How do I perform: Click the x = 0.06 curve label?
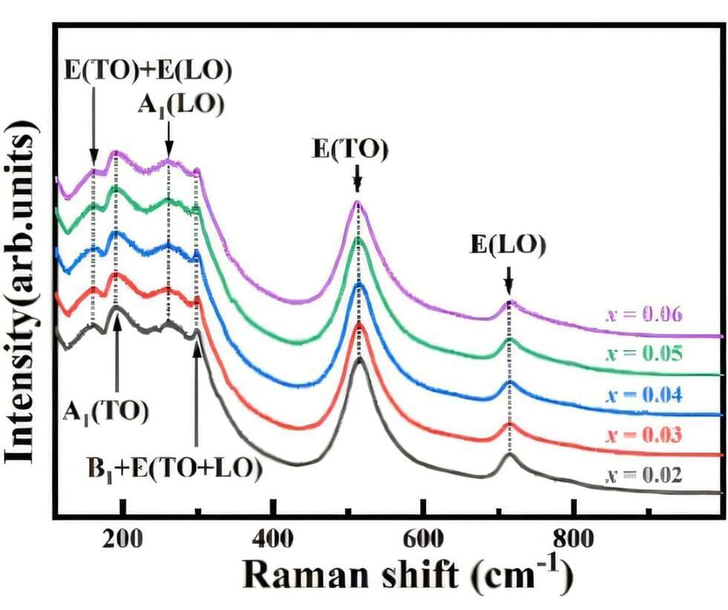tap(643, 315)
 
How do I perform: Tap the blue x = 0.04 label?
tap(643, 394)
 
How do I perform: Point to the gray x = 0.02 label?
tap(643, 474)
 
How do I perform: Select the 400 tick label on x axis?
tap(274, 540)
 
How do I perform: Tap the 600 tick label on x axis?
tap(424, 540)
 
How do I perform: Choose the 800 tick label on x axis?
tap(574, 540)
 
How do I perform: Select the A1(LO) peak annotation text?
tap(180, 105)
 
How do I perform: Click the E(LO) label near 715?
tap(508, 246)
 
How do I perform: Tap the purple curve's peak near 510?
tap(358, 203)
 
